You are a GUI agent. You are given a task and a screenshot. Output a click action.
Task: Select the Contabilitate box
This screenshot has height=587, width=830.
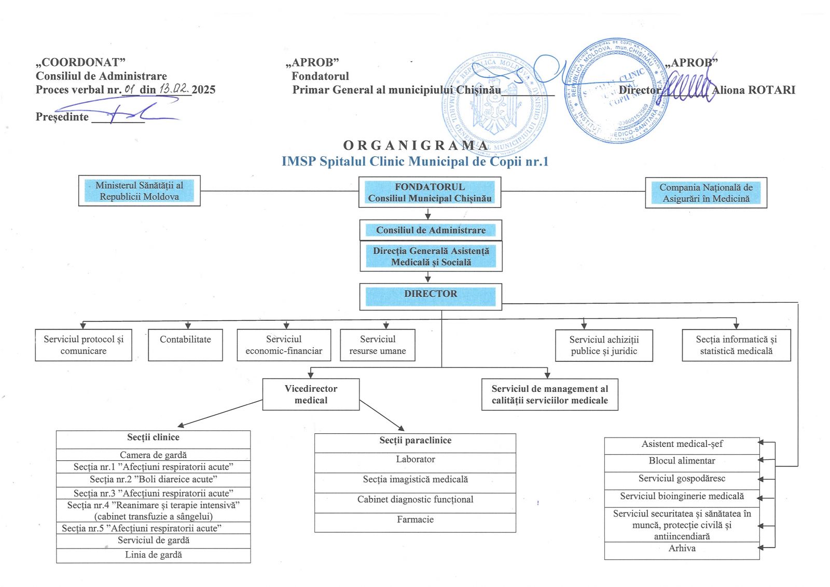(x=185, y=345)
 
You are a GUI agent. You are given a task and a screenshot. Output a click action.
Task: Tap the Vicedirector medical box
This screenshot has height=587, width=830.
(x=311, y=394)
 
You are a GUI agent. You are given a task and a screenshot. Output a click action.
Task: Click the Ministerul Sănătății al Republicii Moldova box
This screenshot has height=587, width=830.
(x=139, y=191)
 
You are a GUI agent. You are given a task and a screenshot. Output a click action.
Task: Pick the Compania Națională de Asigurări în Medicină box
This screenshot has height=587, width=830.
(x=706, y=193)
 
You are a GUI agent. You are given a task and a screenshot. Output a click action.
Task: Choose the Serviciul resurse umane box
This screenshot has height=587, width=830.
(x=377, y=345)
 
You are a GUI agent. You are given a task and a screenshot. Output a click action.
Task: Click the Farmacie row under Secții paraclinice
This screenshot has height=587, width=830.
(x=415, y=520)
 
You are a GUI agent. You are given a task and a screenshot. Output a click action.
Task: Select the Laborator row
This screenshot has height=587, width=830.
(x=415, y=459)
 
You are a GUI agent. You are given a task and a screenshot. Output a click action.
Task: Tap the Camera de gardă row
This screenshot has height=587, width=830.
(x=153, y=455)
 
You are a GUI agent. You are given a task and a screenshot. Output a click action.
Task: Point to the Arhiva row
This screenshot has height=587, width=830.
(x=682, y=549)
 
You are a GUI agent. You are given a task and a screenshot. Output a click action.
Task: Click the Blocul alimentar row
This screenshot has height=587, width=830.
(x=682, y=461)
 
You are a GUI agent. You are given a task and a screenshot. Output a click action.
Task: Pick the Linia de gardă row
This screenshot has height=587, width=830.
(x=153, y=555)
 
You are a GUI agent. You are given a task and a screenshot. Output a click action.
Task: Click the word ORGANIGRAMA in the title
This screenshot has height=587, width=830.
(x=415, y=145)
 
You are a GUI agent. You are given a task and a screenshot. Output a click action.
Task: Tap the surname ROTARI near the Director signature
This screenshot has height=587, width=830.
(x=770, y=90)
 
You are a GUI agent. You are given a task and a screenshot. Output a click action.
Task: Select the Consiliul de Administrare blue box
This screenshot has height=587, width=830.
(x=431, y=230)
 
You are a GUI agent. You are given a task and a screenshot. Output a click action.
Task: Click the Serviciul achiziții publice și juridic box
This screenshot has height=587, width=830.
(x=604, y=345)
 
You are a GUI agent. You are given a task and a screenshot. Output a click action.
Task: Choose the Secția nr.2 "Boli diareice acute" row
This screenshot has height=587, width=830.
(x=153, y=480)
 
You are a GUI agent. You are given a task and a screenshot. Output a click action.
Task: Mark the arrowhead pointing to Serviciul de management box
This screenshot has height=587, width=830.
(x=547, y=375)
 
